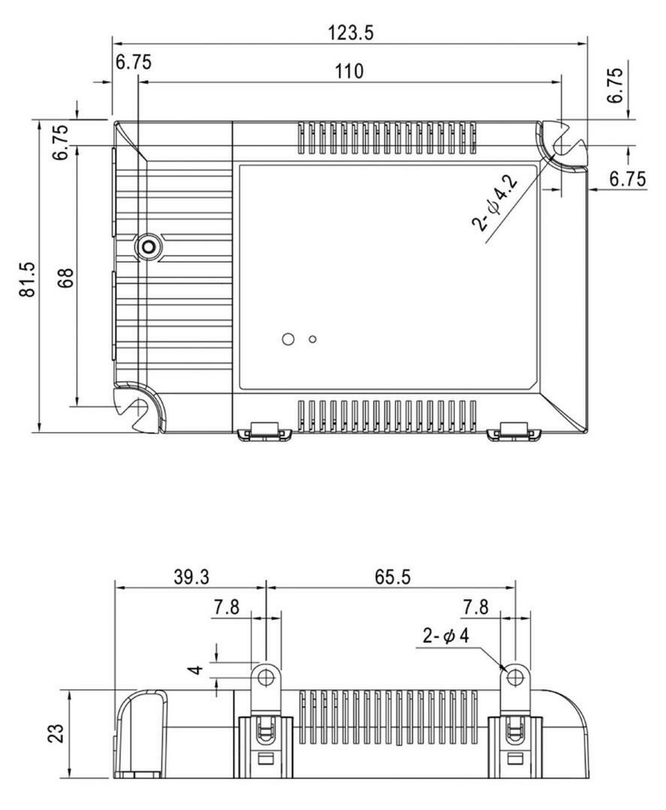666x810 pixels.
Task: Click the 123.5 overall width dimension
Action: click(350, 33)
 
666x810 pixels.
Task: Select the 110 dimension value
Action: click(349, 71)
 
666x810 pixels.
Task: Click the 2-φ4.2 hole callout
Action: click(495, 203)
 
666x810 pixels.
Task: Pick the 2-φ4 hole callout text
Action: click(446, 635)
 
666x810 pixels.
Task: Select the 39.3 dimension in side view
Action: click(191, 577)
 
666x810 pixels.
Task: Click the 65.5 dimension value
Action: click(393, 577)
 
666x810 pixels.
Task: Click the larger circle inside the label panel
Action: click(288, 339)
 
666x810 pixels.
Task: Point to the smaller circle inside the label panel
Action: click(312, 340)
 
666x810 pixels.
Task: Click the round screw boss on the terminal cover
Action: click(149, 247)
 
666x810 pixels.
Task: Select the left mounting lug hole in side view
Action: click(266, 676)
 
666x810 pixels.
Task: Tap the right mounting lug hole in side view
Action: click(514, 676)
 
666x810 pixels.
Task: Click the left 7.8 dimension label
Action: click(227, 607)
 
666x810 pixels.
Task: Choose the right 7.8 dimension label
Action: click(475, 607)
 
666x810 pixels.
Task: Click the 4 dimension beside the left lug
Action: click(197, 670)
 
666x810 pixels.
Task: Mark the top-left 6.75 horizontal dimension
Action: click(134, 62)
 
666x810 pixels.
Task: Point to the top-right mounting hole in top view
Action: click(561, 146)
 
